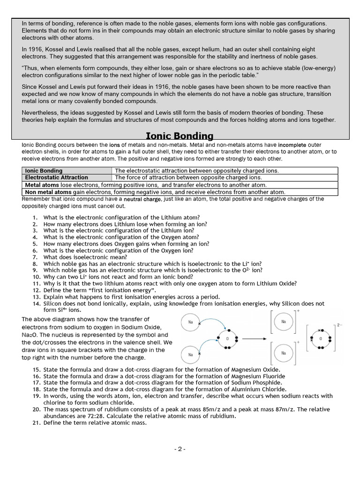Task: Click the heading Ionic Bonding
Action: pos(180,136)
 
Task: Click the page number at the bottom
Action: pos(180,449)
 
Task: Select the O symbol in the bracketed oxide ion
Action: pos(321,338)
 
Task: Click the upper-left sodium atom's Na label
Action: pos(190,322)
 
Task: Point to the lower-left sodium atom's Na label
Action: pos(190,354)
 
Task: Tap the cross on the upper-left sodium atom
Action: pos(199,324)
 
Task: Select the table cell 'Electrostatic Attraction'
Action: pos(56,178)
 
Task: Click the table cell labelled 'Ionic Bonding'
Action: pos(44,171)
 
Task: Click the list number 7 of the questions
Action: pos(35,257)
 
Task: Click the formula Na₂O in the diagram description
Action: pos(29,335)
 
